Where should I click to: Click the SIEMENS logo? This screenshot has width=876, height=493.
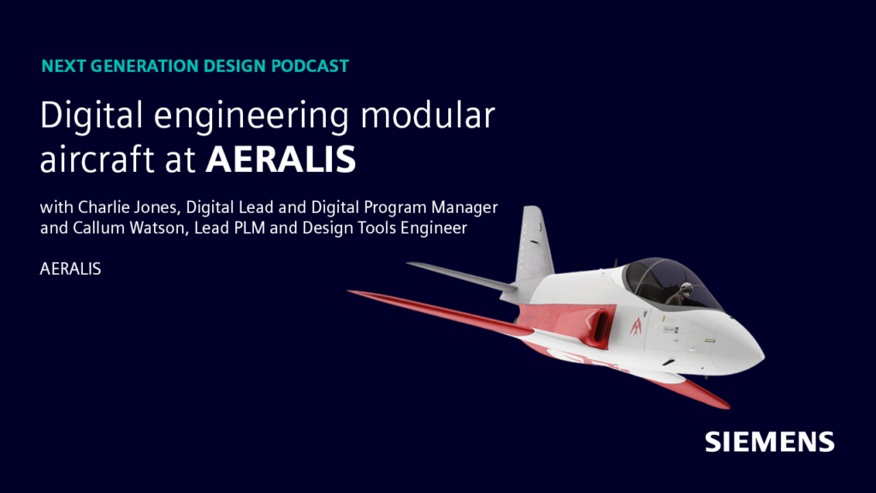(769, 442)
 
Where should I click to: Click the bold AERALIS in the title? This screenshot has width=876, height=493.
(281, 160)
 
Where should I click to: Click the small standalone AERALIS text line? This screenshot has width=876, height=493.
(71, 269)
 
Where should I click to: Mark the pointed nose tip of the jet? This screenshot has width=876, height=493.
(761, 352)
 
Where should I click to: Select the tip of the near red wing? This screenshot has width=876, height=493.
(352, 294)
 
